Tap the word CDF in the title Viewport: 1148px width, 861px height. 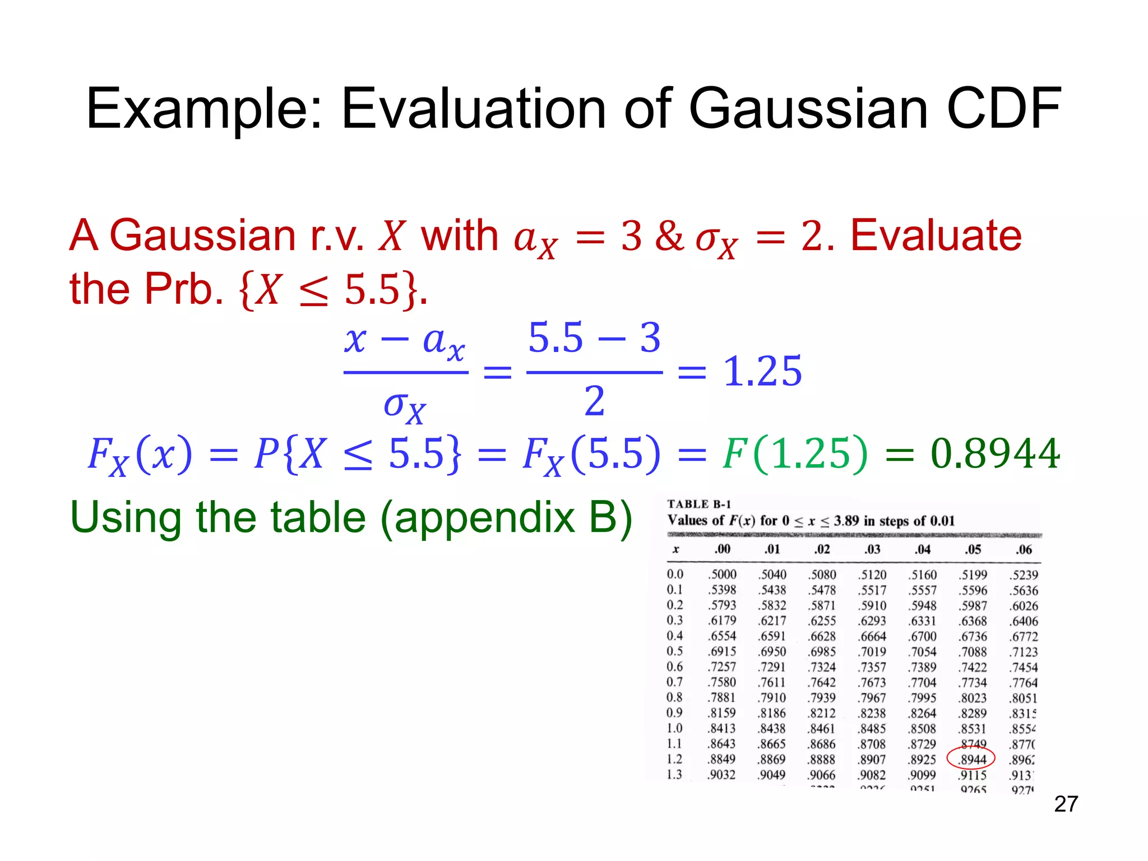1003,109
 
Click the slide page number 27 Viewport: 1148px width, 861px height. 1066,804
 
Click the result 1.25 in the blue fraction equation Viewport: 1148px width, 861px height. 762,372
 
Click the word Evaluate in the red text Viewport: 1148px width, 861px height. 936,235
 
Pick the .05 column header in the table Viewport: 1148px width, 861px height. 973,549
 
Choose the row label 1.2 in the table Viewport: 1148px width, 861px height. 674,759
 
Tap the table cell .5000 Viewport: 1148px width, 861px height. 722,575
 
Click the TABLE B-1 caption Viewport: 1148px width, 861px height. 699,504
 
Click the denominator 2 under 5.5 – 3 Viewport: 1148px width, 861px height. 595,401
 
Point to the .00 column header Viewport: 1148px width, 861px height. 722,549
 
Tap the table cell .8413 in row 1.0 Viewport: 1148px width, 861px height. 722,728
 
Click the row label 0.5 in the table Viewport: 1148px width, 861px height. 674,651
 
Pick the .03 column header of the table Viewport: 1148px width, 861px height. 872,549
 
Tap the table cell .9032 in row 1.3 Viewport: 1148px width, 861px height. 722,775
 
